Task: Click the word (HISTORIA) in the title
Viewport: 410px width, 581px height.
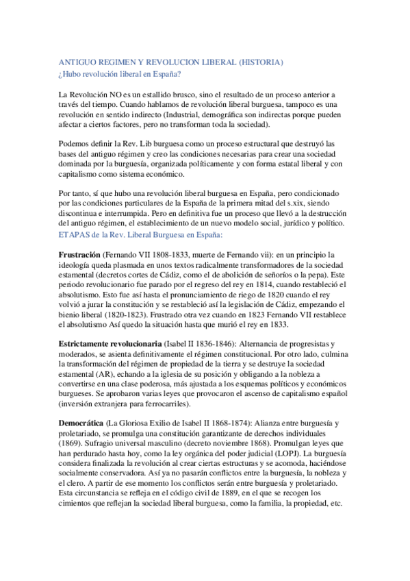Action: [x=259, y=62]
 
